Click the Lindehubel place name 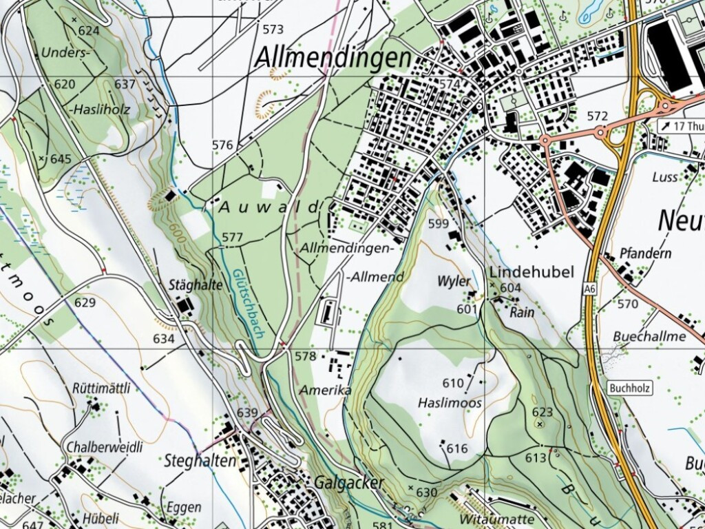tap(532, 272)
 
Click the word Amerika tap(326, 391)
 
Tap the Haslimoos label tap(450, 402)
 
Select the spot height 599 tap(439, 223)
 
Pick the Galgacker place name tap(349, 483)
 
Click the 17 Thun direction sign tap(682, 125)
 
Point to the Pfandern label tap(645, 253)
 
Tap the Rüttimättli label tap(101, 388)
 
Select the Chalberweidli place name tap(104, 447)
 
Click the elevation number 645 tap(61, 159)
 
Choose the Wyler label tap(454, 281)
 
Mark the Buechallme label tap(649, 336)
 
